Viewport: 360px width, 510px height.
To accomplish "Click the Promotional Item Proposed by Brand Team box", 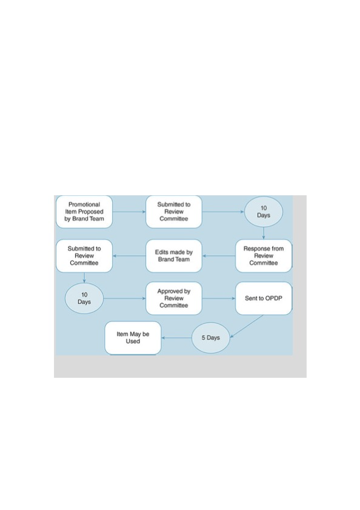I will (x=84, y=212).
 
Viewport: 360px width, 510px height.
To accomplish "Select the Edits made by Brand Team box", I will (x=174, y=255).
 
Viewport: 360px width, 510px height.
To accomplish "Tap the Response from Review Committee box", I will (x=264, y=255).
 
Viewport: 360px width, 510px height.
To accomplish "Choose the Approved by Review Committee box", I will (x=174, y=298).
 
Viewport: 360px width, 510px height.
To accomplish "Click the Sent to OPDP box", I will (x=264, y=298).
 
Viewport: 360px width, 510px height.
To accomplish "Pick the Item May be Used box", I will (x=133, y=338).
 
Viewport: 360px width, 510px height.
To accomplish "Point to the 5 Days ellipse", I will (x=211, y=338).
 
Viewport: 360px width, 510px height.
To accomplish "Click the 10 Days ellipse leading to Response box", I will (x=264, y=212).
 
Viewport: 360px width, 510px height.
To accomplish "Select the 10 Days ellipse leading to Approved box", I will (x=84, y=298).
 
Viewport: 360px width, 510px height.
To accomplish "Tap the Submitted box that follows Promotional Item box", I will (x=174, y=212).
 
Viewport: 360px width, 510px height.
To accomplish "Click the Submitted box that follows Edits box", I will (x=84, y=255).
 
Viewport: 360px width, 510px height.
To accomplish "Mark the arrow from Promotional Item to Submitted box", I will (x=129, y=212).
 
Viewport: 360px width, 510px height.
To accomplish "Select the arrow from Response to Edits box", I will (x=219, y=255).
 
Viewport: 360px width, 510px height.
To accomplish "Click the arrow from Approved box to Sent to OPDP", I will (x=219, y=298).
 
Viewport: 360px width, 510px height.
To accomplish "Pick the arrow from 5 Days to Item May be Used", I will (x=177, y=338).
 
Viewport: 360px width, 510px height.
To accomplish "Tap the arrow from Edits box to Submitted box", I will (x=129, y=255).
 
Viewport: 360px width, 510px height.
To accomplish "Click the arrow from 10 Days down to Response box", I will (x=264, y=233).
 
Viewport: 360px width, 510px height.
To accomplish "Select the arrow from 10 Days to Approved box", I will (x=125, y=298).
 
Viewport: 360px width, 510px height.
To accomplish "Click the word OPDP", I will (x=275, y=298).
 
